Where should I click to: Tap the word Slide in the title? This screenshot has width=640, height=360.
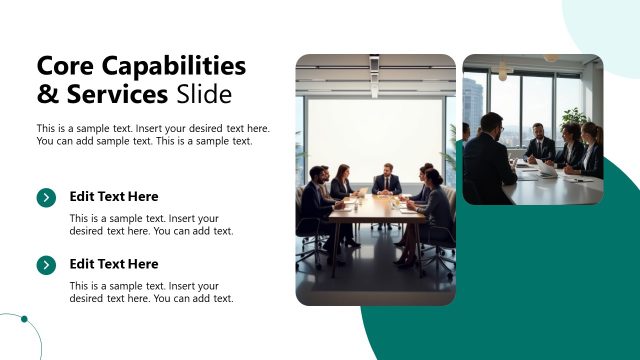203,95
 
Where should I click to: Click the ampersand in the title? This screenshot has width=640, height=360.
46,95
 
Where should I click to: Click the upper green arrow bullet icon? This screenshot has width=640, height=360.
46,198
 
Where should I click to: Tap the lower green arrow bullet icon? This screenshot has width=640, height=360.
46,265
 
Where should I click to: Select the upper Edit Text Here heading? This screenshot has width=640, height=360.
114,197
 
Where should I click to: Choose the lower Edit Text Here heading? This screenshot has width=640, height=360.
114,264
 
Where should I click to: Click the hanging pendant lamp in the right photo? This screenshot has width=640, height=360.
503,72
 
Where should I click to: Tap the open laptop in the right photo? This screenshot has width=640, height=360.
546,168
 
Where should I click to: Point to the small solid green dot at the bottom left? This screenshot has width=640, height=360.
25,321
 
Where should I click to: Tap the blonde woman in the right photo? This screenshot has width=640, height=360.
591,149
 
